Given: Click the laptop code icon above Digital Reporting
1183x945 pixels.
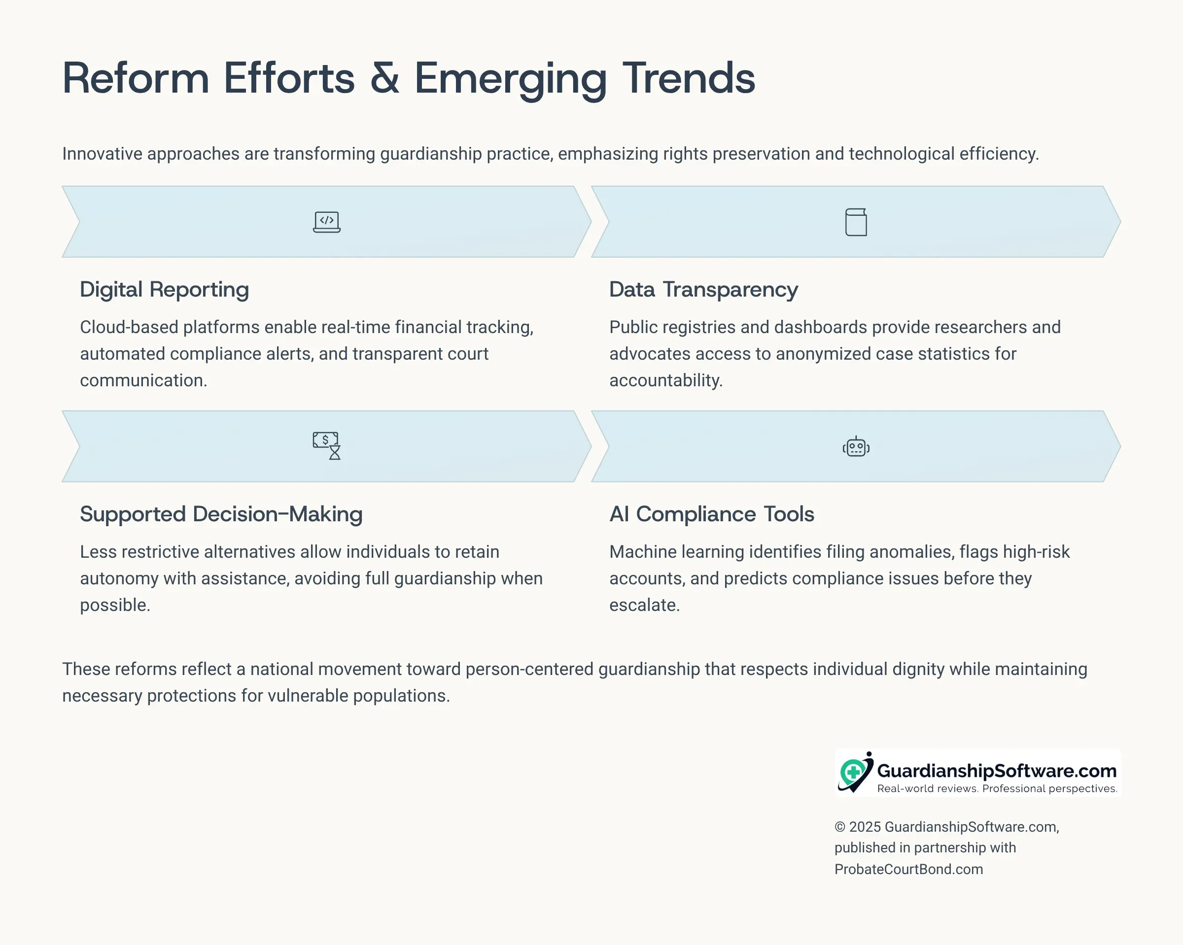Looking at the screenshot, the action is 326,222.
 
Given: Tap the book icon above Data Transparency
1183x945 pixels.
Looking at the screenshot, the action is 856,222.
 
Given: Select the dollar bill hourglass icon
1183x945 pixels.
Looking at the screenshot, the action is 326,446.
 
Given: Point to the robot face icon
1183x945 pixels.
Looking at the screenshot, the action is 856,447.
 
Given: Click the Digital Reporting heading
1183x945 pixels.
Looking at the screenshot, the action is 165,290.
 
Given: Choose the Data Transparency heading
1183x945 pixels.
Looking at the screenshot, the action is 703,290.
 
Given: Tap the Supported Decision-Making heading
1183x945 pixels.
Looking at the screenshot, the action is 221,514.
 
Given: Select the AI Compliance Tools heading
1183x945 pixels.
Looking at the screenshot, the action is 712,514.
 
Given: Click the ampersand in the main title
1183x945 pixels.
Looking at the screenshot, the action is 384,78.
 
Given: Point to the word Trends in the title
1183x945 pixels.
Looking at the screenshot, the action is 689,78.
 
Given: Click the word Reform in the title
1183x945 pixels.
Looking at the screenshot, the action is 136,78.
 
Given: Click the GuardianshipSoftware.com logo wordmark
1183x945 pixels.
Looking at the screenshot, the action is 997,771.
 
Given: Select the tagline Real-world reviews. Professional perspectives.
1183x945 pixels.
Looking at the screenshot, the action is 997,789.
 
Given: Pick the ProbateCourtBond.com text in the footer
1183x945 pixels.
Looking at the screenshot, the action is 908,869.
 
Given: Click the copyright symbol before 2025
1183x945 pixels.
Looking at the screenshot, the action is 840,827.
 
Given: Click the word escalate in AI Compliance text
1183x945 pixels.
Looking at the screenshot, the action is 645,605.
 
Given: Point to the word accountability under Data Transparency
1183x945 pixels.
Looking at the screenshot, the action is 666,381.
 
